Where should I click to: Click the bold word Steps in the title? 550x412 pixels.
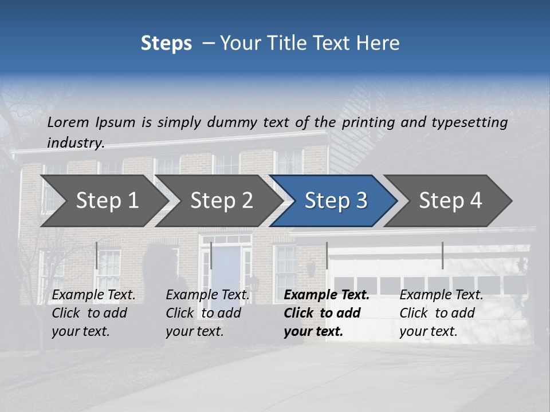pyautogui.click(x=166, y=43)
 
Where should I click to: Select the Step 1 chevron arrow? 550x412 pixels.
pyautogui.click(x=103, y=201)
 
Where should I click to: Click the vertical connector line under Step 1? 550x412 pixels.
pyautogui.click(x=96, y=255)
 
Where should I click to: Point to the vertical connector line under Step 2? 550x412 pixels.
pyautogui.click(x=211, y=255)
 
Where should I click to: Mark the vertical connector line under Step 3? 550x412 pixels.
pyautogui.click(x=327, y=255)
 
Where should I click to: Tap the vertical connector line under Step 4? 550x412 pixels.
pyautogui.click(x=442, y=255)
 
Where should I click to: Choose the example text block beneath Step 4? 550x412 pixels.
pyautogui.click(x=441, y=313)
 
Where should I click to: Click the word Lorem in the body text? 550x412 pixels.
pyautogui.click(x=68, y=122)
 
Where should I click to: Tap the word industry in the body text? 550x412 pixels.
pyautogui.click(x=75, y=143)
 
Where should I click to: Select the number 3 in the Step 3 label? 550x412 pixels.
pyautogui.click(x=361, y=201)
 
